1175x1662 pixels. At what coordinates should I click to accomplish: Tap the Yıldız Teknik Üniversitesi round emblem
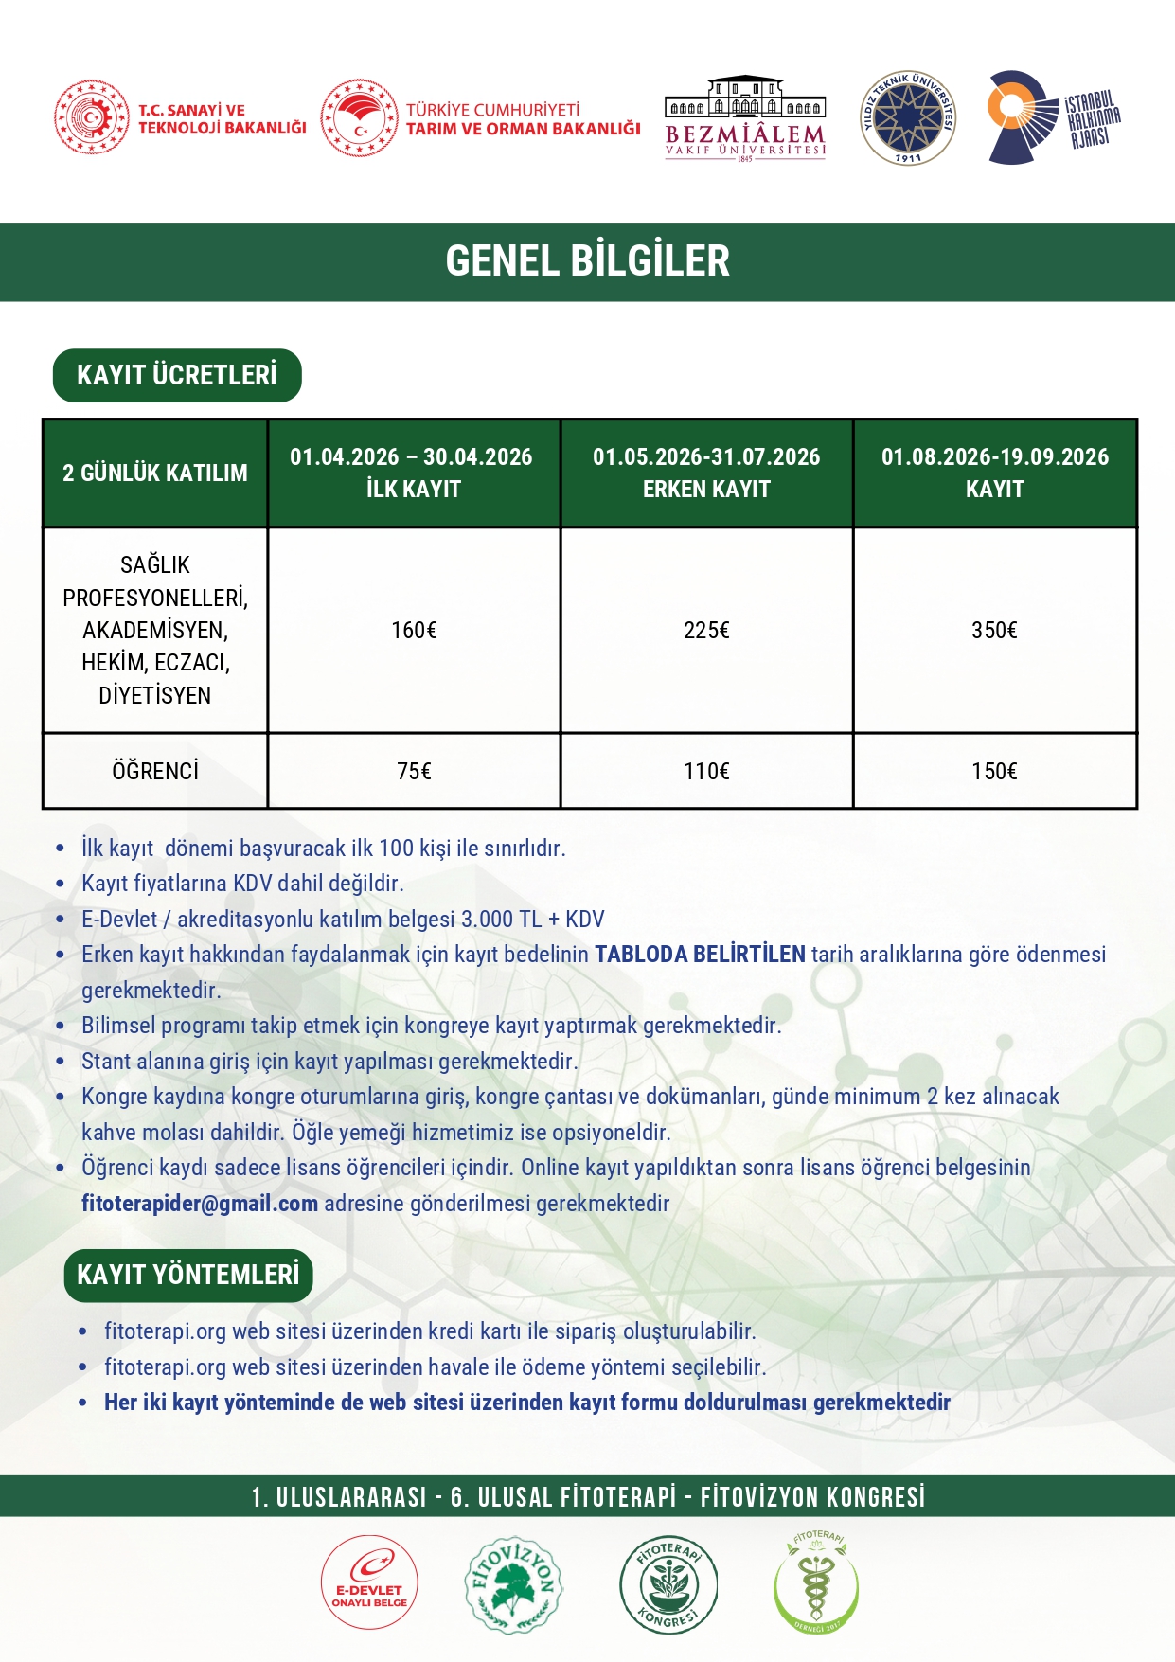(907, 118)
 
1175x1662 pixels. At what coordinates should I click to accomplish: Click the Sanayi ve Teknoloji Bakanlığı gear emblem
(91, 117)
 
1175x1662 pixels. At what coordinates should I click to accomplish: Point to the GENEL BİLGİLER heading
(587, 261)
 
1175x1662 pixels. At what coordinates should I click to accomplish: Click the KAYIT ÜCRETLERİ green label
(177, 376)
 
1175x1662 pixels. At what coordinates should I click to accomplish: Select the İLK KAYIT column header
(412, 473)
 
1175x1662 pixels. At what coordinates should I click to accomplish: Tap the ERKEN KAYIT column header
(706, 473)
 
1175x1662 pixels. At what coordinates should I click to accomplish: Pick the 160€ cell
(414, 631)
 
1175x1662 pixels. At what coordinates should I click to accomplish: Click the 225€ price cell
(706, 631)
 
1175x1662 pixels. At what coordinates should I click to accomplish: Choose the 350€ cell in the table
(994, 631)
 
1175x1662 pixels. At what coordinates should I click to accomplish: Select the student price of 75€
(414, 772)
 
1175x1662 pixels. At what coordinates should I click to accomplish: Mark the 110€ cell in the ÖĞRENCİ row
(706, 772)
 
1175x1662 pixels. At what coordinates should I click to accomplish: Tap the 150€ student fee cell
(994, 772)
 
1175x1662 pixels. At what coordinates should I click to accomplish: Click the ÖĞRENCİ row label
(155, 772)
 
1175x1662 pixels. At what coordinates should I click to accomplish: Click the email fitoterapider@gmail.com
(200, 1204)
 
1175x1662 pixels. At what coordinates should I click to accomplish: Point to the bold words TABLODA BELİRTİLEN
(700, 955)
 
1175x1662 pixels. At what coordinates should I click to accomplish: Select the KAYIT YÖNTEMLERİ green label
(188, 1276)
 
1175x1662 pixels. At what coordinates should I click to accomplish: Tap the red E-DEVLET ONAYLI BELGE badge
(369, 1582)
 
